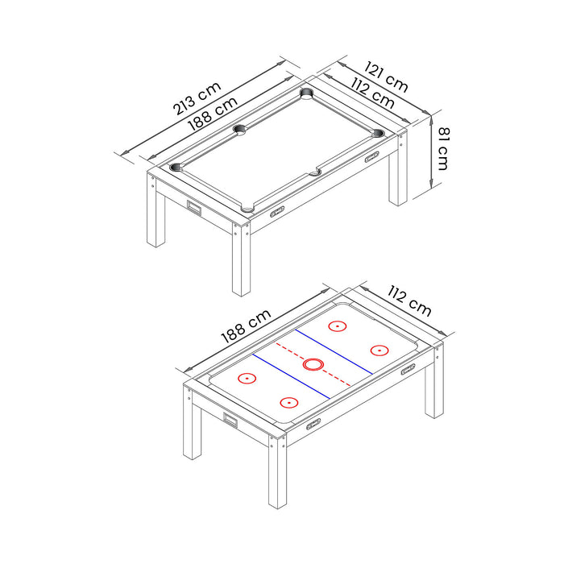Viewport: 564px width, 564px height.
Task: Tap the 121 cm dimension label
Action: coord(385,76)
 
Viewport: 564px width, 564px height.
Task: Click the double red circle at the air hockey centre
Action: coord(313,364)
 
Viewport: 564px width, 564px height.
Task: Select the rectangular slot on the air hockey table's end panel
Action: coord(231,420)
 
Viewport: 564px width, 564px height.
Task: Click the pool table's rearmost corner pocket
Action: coord(307,93)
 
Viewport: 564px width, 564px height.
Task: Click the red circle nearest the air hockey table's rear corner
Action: coord(337,326)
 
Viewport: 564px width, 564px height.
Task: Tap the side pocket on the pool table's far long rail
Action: coord(240,129)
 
